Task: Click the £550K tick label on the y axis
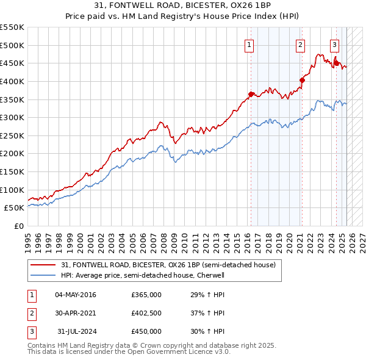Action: (x=12, y=27)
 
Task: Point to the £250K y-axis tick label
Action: (x=12, y=135)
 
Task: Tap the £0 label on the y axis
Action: (x=19, y=226)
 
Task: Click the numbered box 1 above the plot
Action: (x=249, y=44)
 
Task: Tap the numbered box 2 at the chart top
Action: (x=301, y=44)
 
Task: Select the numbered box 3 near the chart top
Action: (x=335, y=44)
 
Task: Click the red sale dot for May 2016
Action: (x=251, y=94)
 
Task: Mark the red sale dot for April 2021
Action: (x=302, y=79)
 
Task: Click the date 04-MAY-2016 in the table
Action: (x=75, y=295)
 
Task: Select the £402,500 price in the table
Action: (x=146, y=313)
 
